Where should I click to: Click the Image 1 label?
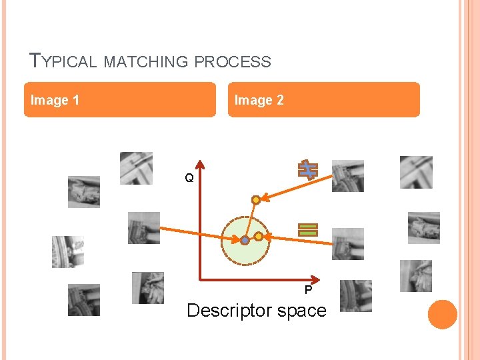55,100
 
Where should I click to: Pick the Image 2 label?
259,100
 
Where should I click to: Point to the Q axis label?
189,178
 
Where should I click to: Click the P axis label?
308,290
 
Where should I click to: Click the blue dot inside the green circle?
245,240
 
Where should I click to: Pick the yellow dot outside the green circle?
255,199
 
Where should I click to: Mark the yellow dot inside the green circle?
258,236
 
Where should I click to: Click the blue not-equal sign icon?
308,170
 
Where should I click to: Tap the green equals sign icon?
308,230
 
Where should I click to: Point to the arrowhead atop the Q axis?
199,164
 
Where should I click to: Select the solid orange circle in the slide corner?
442,315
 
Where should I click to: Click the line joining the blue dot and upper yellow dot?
251,219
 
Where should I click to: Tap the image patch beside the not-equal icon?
348,176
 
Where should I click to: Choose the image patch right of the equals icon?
348,244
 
